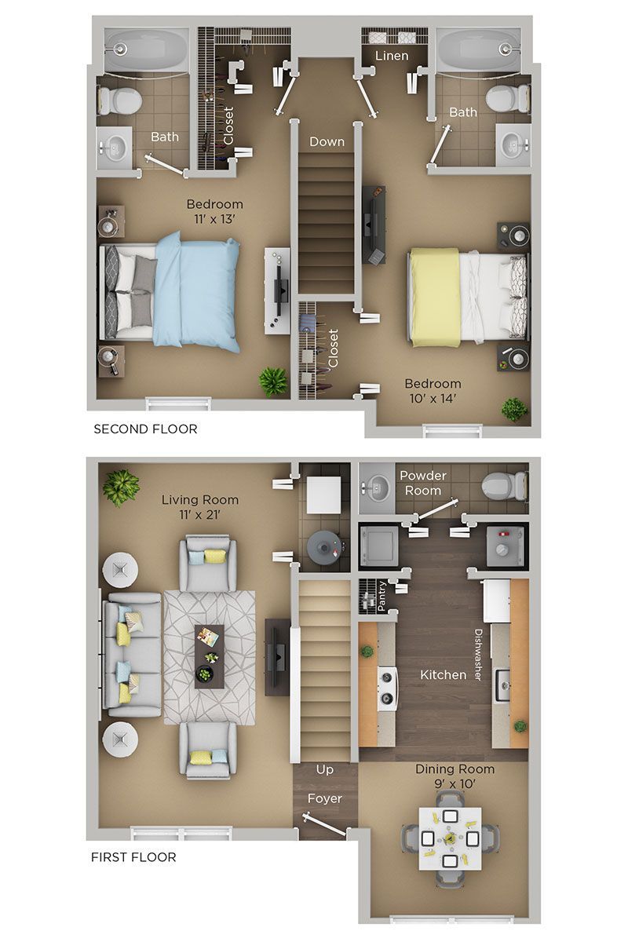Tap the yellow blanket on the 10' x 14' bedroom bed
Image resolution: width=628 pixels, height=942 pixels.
[433, 297]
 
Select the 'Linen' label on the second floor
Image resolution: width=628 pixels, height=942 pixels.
[391, 56]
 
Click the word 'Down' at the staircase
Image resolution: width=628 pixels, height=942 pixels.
[327, 142]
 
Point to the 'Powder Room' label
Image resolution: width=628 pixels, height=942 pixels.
[423, 483]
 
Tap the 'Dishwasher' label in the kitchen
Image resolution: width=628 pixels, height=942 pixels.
[476, 654]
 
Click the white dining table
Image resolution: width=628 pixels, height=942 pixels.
[449, 838]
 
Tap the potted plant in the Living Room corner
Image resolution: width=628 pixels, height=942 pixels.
[120, 487]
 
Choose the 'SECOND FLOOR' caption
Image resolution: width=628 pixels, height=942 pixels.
[145, 429]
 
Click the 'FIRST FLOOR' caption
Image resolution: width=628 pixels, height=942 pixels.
[133, 856]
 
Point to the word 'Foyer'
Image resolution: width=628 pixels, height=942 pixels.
[324, 799]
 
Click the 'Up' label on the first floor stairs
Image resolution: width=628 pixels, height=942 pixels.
[324, 770]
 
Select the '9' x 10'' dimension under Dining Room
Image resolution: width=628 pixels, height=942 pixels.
[455, 783]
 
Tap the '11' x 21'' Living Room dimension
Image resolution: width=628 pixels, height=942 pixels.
[199, 515]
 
